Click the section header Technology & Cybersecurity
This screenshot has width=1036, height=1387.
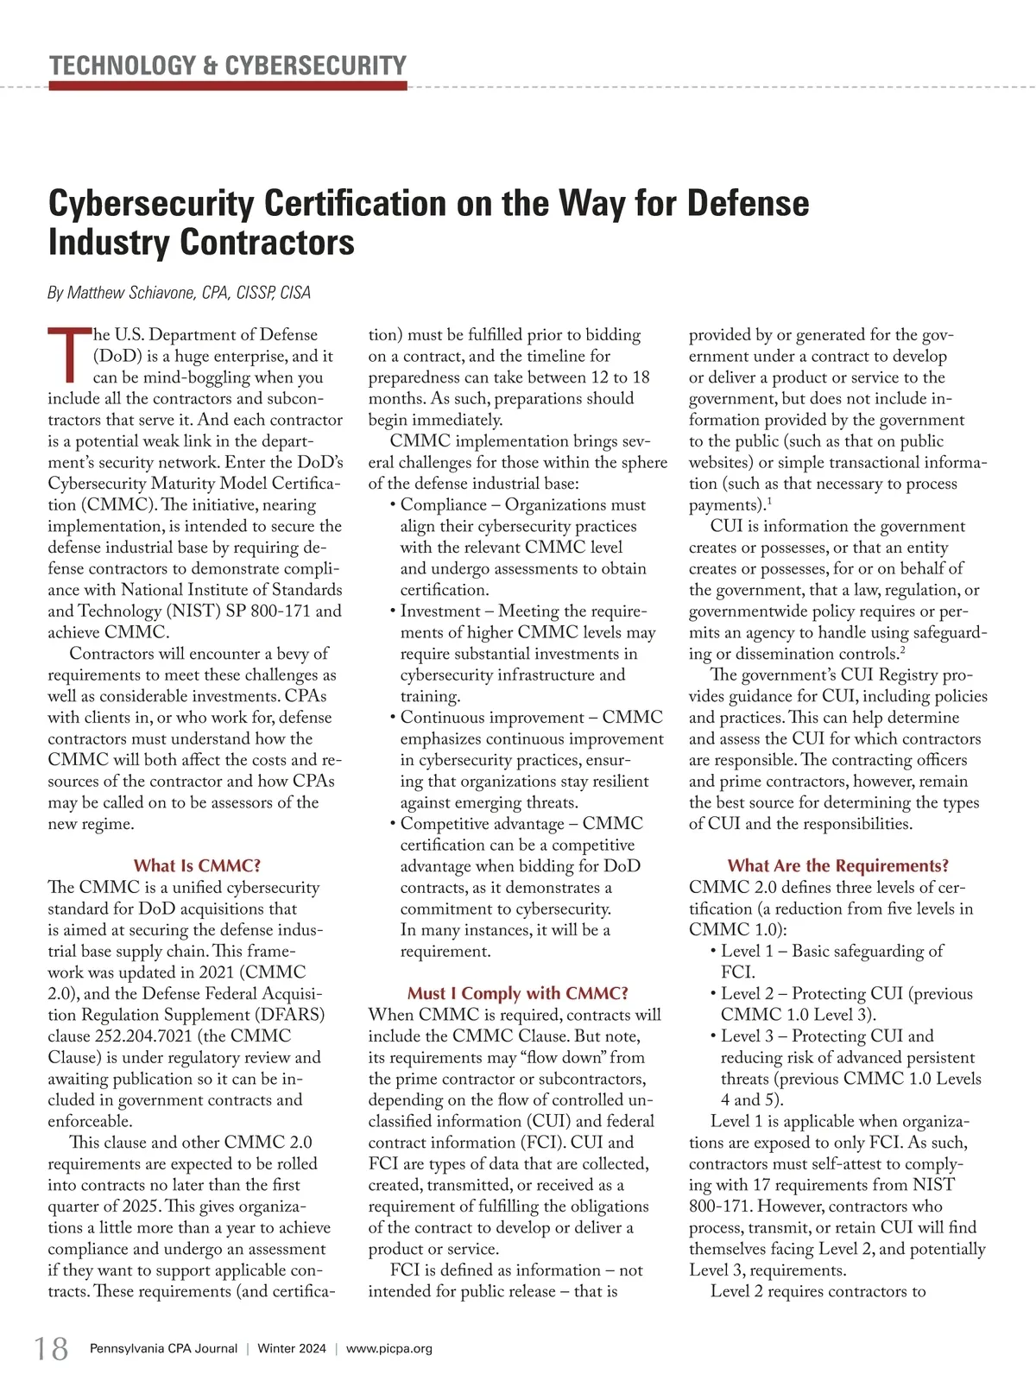(228, 66)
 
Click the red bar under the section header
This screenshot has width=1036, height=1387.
(228, 86)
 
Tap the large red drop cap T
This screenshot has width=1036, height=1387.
(69, 354)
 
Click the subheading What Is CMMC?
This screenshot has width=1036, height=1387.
(197, 865)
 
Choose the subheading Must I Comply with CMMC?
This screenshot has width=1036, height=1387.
(517, 993)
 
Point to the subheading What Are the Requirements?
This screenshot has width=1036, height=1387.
(837, 865)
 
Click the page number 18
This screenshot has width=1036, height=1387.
(51, 1348)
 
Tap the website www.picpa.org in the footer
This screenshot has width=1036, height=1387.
(388, 1348)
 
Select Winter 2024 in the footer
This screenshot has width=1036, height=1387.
(292, 1348)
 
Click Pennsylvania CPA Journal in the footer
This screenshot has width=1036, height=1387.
(163, 1348)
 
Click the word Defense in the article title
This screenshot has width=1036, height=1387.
(748, 204)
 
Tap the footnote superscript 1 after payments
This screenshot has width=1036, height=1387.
(768, 501)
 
